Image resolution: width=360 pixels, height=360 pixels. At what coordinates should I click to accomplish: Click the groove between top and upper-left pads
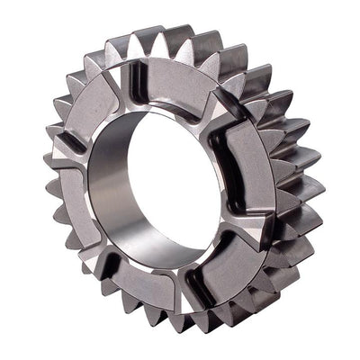[126, 81]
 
